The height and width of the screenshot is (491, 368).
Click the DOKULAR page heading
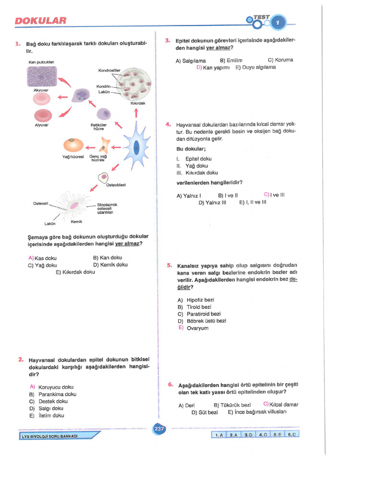40,21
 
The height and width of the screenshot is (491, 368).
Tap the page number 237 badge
159,430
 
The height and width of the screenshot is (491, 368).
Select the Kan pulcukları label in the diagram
41,62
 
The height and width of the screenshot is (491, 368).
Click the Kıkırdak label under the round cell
138,103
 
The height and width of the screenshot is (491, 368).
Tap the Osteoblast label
116,185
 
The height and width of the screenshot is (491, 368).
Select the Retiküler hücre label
98,127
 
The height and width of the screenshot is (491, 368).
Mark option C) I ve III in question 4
274,195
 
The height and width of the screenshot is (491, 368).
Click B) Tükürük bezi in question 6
232,405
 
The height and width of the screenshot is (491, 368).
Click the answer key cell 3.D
248,434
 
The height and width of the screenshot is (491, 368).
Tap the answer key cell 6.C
292,434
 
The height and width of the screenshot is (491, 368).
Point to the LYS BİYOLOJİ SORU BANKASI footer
50,436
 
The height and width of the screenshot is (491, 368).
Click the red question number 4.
168,124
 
